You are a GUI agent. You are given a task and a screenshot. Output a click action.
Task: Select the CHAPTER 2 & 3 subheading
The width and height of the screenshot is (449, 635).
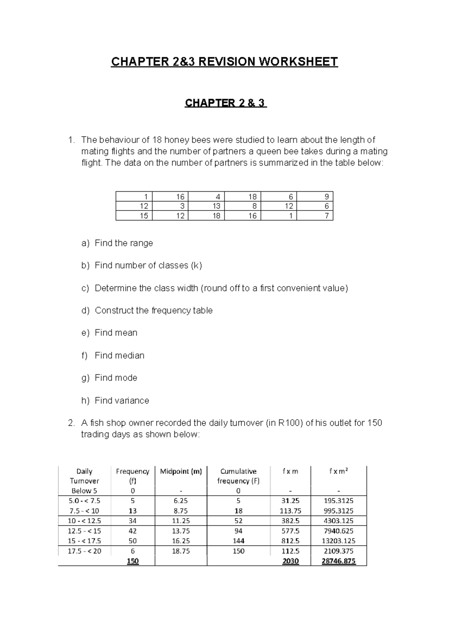[x=226, y=103]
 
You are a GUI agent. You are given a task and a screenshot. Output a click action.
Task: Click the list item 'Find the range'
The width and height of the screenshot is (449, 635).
[x=123, y=243]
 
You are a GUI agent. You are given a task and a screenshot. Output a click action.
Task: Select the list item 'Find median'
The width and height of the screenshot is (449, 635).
[x=119, y=355]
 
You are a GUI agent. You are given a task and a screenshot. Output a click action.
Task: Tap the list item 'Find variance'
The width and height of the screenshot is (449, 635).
[x=122, y=400]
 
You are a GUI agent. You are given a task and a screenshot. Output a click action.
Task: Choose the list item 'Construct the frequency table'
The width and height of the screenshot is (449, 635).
[x=153, y=310]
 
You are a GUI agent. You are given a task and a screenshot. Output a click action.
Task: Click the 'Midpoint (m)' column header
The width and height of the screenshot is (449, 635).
[x=181, y=471]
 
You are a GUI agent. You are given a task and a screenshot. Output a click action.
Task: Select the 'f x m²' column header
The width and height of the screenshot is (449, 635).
[x=338, y=471]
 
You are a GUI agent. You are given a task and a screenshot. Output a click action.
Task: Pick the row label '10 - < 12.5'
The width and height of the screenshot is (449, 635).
[x=84, y=521]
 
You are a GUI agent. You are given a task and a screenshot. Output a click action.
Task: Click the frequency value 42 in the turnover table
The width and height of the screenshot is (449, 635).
[x=132, y=531]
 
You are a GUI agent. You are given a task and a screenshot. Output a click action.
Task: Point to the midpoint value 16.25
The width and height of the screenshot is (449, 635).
[x=181, y=541]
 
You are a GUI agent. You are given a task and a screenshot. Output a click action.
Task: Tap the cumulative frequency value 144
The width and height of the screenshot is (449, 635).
[x=238, y=541]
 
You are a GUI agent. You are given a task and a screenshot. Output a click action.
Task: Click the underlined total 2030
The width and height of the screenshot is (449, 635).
[x=290, y=561]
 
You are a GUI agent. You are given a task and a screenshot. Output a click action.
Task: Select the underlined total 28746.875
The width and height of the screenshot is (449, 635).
[x=338, y=561]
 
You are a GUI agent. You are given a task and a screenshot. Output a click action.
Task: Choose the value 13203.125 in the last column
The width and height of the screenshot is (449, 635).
[x=338, y=541]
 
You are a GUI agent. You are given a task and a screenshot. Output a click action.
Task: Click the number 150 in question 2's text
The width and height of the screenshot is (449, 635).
[x=375, y=423]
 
